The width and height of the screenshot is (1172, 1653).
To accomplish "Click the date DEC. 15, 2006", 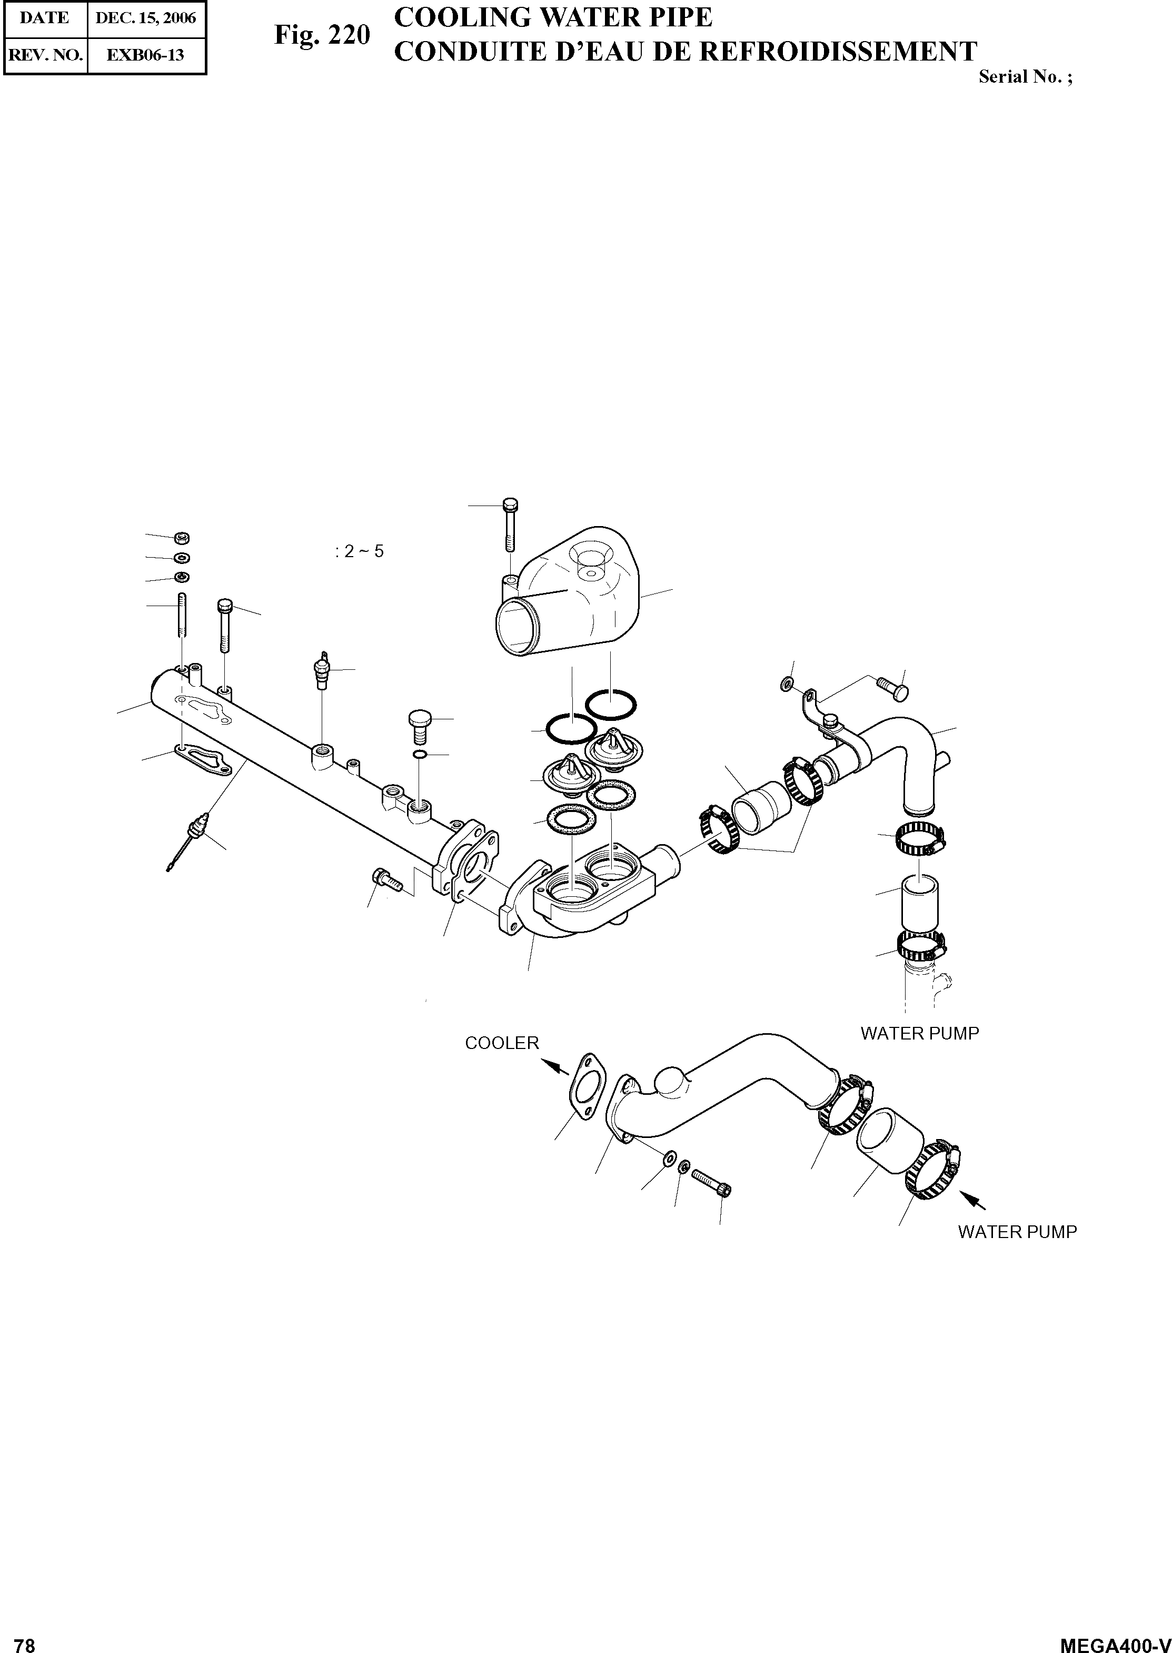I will tap(146, 18).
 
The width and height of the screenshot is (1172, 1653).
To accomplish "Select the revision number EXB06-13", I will tap(145, 55).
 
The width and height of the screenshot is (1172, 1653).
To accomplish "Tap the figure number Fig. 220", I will tap(322, 35).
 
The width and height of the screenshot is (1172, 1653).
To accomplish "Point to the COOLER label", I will tap(502, 1043).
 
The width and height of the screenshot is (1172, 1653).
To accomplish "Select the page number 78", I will tap(25, 1640).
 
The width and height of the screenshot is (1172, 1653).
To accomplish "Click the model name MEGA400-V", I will tap(1114, 1640).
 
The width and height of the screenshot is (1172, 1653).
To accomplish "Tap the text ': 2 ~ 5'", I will tap(360, 551).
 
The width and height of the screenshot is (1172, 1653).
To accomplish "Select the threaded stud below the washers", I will tap(181, 615).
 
